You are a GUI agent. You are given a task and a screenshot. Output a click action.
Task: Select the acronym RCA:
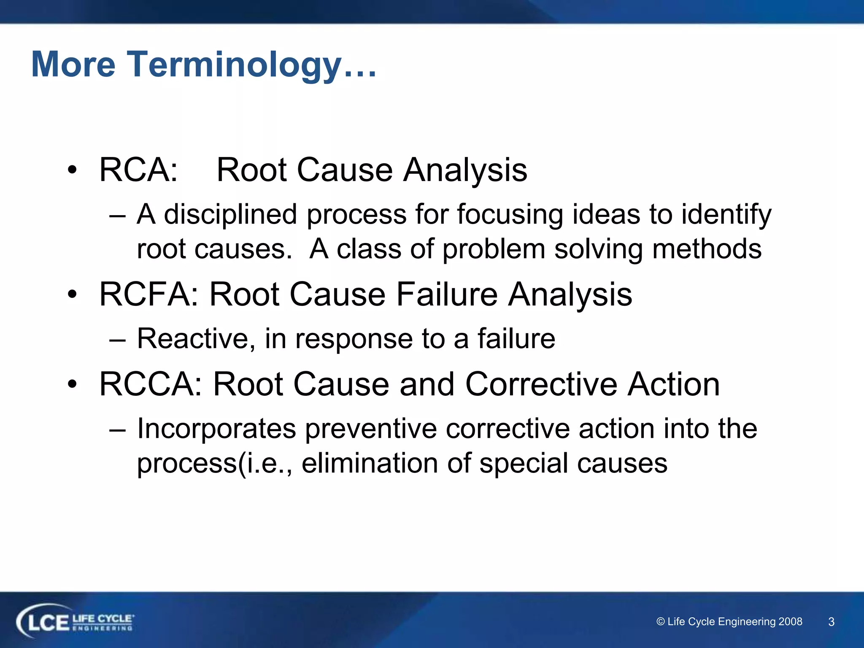tap(138, 170)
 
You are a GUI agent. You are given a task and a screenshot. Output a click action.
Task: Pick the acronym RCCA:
tap(151, 384)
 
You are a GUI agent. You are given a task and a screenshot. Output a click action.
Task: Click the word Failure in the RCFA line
tap(447, 294)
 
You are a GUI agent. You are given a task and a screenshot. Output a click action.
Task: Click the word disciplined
tap(231, 215)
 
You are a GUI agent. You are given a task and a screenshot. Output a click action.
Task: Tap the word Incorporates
tap(216, 429)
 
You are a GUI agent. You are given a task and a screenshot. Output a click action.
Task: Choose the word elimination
tap(370, 464)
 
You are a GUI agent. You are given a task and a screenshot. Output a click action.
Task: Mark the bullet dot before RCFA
tap(73, 294)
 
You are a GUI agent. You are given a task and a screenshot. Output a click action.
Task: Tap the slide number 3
tap(831, 622)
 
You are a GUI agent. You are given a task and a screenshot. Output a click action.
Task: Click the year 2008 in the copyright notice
tap(790, 621)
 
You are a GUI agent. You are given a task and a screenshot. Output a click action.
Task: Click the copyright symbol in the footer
tap(661, 622)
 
